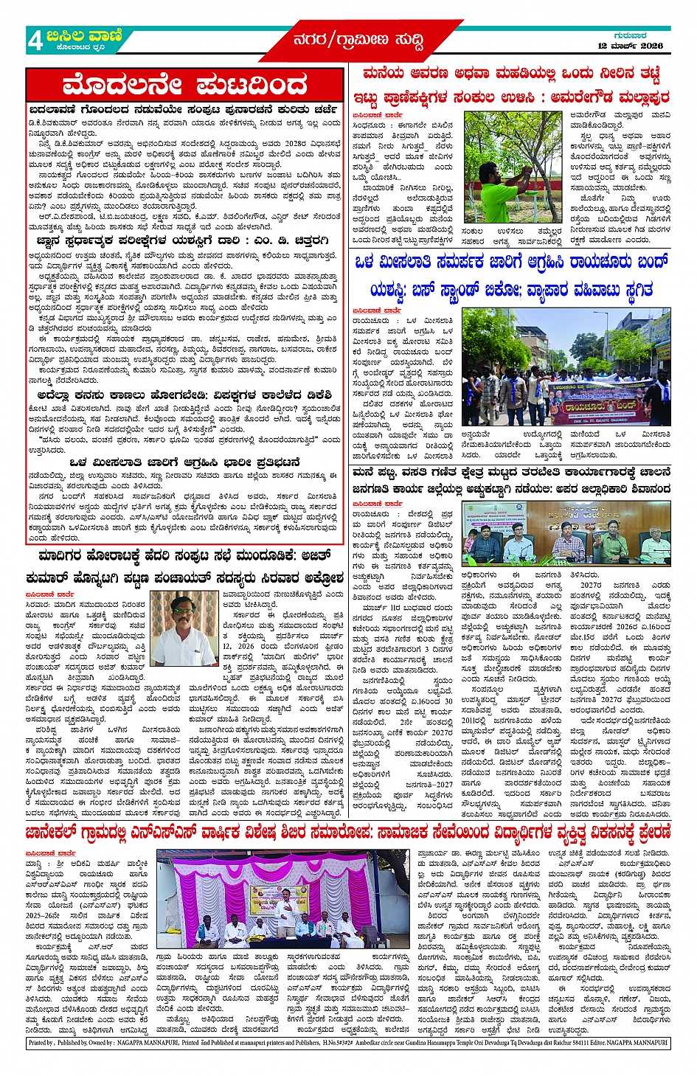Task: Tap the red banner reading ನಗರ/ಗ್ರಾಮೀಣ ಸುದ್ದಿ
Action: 358,41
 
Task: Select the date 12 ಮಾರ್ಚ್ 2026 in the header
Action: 630,46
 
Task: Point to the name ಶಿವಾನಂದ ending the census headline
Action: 649,490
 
